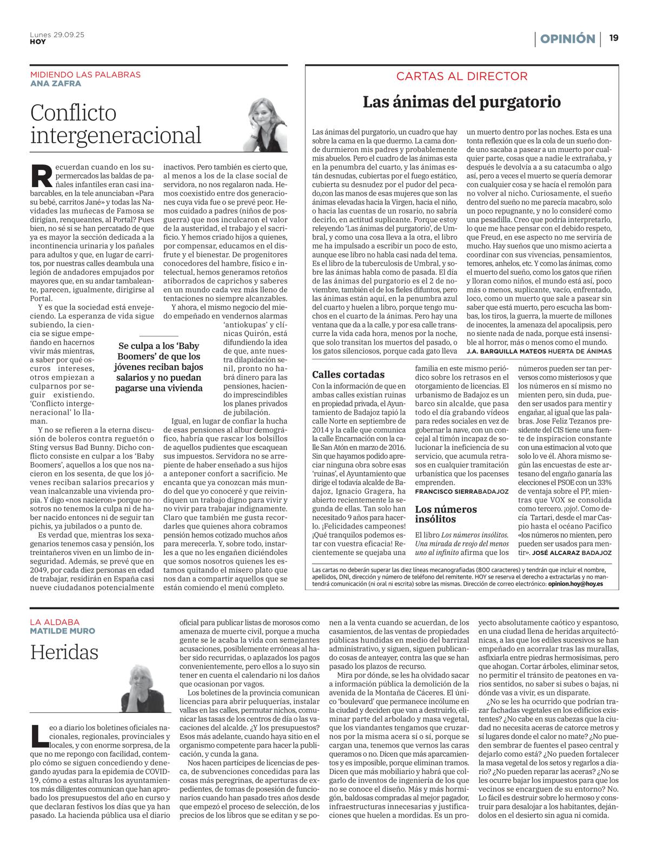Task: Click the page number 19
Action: click(x=614, y=38)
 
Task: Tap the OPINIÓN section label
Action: click(x=567, y=39)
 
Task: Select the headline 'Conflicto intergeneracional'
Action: click(x=116, y=124)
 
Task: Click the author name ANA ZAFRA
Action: click(x=56, y=83)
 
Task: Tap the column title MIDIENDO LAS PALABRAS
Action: click(x=85, y=75)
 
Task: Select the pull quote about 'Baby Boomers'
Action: click(x=159, y=367)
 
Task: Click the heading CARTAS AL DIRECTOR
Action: click(x=461, y=76)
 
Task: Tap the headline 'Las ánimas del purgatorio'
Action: click(x=461, y=102)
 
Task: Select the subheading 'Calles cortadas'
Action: click(x=348, y=374)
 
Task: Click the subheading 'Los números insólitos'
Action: click(x=446, y=514)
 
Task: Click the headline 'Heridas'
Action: click(x=64, y=652)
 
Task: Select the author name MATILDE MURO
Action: click(x=63, y=631)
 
